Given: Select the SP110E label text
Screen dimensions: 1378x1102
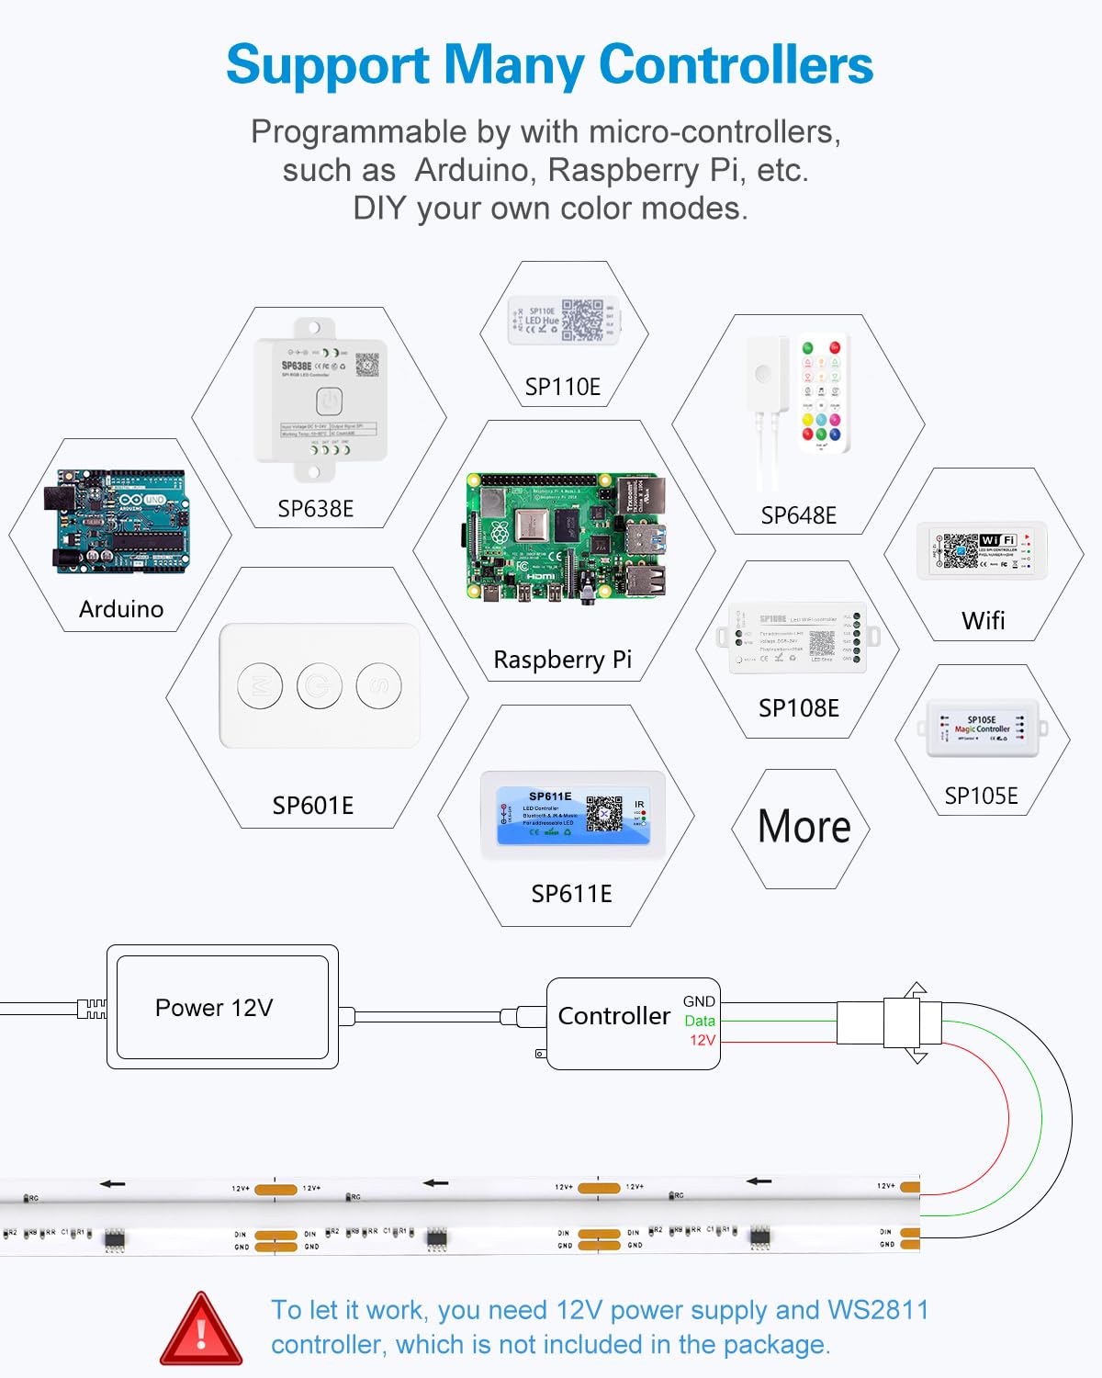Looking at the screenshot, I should coord(562,388).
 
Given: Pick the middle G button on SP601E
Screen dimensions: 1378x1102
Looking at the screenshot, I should coord(320,685).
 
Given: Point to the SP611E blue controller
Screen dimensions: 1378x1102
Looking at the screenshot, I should coord(571,814).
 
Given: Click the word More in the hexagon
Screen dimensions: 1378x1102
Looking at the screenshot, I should coord(804,827).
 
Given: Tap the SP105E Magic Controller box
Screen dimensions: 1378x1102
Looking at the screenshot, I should coord(982,729).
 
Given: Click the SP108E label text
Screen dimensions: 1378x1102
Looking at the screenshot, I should coord(798,708).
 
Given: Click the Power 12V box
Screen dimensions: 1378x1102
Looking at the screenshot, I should coord(222,1007).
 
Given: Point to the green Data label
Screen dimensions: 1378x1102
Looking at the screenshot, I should coord(700,1021).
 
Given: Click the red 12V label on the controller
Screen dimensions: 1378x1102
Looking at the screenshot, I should coord(703,1040).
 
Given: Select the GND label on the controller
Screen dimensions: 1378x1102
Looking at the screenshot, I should coord(699,1001).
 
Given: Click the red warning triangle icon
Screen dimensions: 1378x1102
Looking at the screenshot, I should coord(201,1330).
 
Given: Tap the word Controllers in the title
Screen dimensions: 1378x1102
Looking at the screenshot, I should coord(736,65).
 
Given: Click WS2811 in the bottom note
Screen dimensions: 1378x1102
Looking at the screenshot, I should coord(878,1310).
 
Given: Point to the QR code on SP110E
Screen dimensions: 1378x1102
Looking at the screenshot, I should coord(582,321).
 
